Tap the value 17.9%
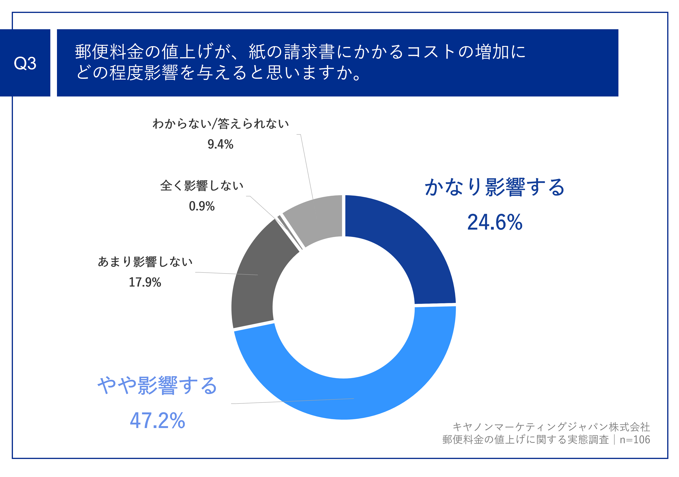[x=145, y=282]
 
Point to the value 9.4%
[x=220, y=145]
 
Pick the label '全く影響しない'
[x=202, y=186]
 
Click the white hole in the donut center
[x=344, y=308]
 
